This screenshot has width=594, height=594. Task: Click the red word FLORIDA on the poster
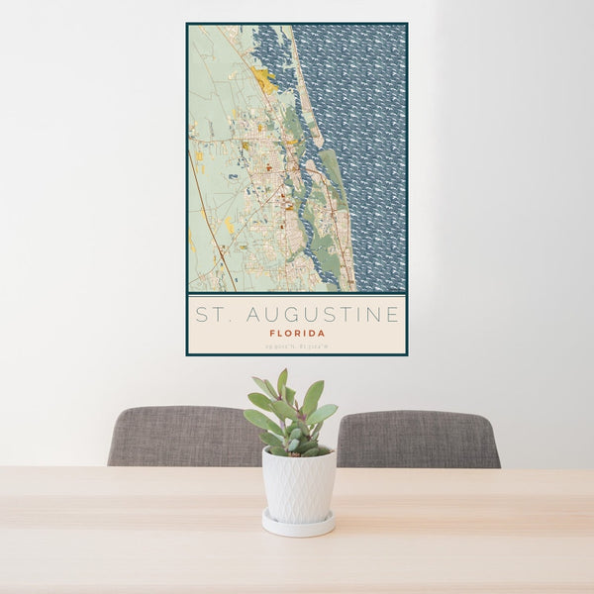pos(297,333)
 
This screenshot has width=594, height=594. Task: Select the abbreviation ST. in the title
pos(211,315)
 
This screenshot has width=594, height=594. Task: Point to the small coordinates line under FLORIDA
pos(297,346)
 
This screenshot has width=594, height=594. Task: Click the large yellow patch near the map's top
pos(264,79)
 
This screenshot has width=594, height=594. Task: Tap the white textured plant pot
pos(298,485)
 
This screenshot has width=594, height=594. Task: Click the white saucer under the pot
pos(298,524)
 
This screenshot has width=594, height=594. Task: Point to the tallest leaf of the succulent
pos(282,381)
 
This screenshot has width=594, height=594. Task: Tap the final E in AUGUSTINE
pos(393,315)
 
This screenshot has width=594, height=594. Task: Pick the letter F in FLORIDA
pos(271,333)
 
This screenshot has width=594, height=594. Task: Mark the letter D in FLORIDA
pos(311,333)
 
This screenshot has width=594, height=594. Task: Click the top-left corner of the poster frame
pos(187,24)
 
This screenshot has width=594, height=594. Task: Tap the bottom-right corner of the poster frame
pos(407,354)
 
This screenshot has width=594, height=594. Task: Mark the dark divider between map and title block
pos(297,293)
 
